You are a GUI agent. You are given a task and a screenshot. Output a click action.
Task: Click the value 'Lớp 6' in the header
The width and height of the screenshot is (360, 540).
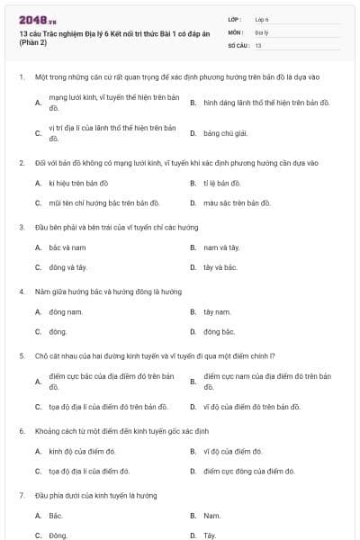262,19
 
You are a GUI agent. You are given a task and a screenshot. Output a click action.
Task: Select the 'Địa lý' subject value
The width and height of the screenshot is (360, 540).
262,31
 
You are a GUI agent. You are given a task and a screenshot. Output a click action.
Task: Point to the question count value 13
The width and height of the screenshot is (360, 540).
258,45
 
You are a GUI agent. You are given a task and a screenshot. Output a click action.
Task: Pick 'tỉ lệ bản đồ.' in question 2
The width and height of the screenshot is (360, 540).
222,183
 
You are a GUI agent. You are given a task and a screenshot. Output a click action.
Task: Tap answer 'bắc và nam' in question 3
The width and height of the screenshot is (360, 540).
67,247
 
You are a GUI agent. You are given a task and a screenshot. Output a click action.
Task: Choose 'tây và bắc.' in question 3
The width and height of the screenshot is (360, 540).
220,267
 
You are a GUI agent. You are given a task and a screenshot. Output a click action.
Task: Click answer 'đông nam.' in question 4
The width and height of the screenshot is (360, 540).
67,311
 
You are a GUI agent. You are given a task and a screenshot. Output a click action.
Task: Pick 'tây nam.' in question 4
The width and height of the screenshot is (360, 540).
218,311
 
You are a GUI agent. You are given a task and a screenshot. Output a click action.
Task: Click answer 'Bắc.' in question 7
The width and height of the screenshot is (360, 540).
56,516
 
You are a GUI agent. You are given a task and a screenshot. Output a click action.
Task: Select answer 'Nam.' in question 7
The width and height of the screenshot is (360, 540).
211,516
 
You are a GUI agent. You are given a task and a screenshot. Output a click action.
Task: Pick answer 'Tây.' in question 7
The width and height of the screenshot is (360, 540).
210,535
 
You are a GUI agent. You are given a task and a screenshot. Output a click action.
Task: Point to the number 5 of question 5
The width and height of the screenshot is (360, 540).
21,355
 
